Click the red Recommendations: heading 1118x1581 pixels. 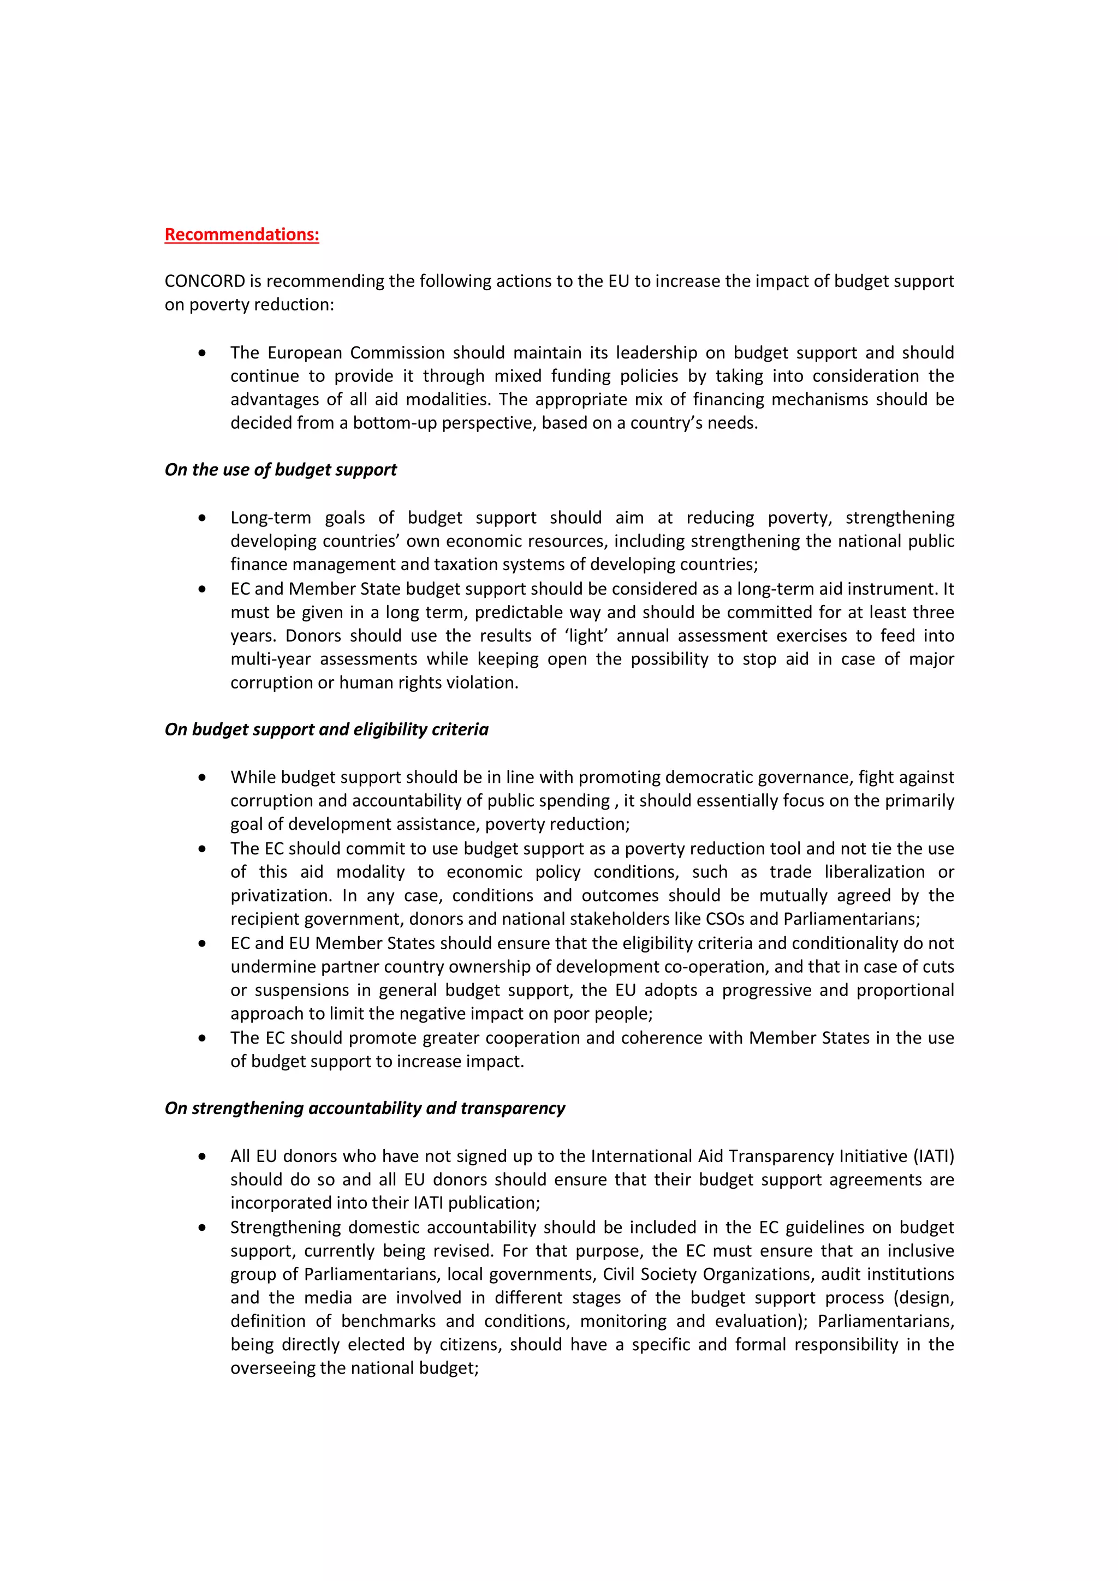[x=242, y=235]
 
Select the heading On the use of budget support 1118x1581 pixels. [x=281, y=470]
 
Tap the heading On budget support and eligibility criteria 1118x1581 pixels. [x=326, y=729]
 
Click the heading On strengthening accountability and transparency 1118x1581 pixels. [x=365, y=1108]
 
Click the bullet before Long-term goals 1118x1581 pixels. [x=202, y=518]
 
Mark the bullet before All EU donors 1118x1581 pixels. [x=202, y=1157]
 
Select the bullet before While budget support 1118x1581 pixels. [x=202, y=777]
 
